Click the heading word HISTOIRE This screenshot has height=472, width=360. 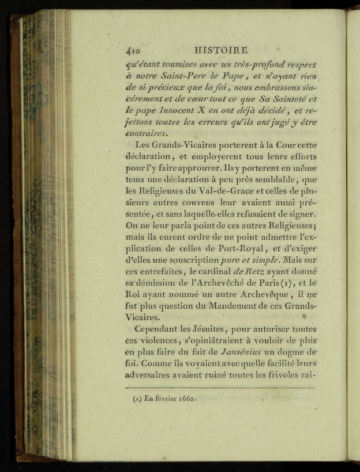click(222, 50)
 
